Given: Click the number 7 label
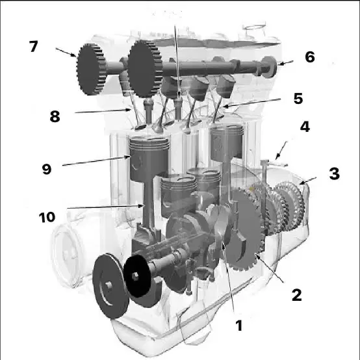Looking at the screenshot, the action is coord(34,46).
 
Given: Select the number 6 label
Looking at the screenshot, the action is coord(310,57).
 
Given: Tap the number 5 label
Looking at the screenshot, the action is coord(298,99).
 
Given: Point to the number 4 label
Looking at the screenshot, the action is coord(305,127).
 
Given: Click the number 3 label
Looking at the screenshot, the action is coord(334,174).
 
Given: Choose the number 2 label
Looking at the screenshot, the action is coord(296,295).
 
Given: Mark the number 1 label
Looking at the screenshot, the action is coord(239,326).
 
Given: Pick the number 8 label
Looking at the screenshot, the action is coord(55,116).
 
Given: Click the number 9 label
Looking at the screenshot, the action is coord(47,169).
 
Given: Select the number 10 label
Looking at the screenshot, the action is coord(47,217).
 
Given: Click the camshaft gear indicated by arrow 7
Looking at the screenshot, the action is coord(91,70).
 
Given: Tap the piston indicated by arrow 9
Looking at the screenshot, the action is coord(149,159).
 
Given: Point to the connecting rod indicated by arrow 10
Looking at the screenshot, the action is coord(149,202).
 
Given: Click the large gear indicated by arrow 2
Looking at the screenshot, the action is coord(246,229).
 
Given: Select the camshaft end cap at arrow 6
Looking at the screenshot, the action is coord(269,67).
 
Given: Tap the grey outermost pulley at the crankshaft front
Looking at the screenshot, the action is coord(110,286).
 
